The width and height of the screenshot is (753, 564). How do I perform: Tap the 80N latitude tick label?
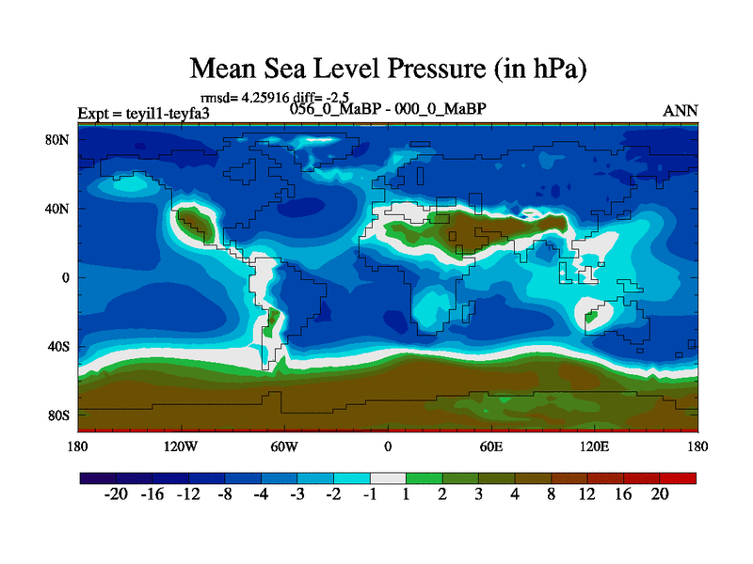[x=58, y=140]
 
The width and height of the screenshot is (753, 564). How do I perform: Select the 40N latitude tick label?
[x=58, y=209]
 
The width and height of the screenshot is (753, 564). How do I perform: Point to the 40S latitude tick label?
[x=58, y=347]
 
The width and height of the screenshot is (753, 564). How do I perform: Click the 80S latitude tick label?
[x=58, y=415]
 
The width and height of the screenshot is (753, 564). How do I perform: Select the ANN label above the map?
[x=681, y=111]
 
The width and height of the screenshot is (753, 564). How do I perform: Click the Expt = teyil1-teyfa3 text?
[x=143, y=114]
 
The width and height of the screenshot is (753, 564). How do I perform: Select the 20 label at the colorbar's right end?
[x=660, y=496]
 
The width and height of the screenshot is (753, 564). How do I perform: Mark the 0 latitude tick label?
[x=67, y=278]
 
